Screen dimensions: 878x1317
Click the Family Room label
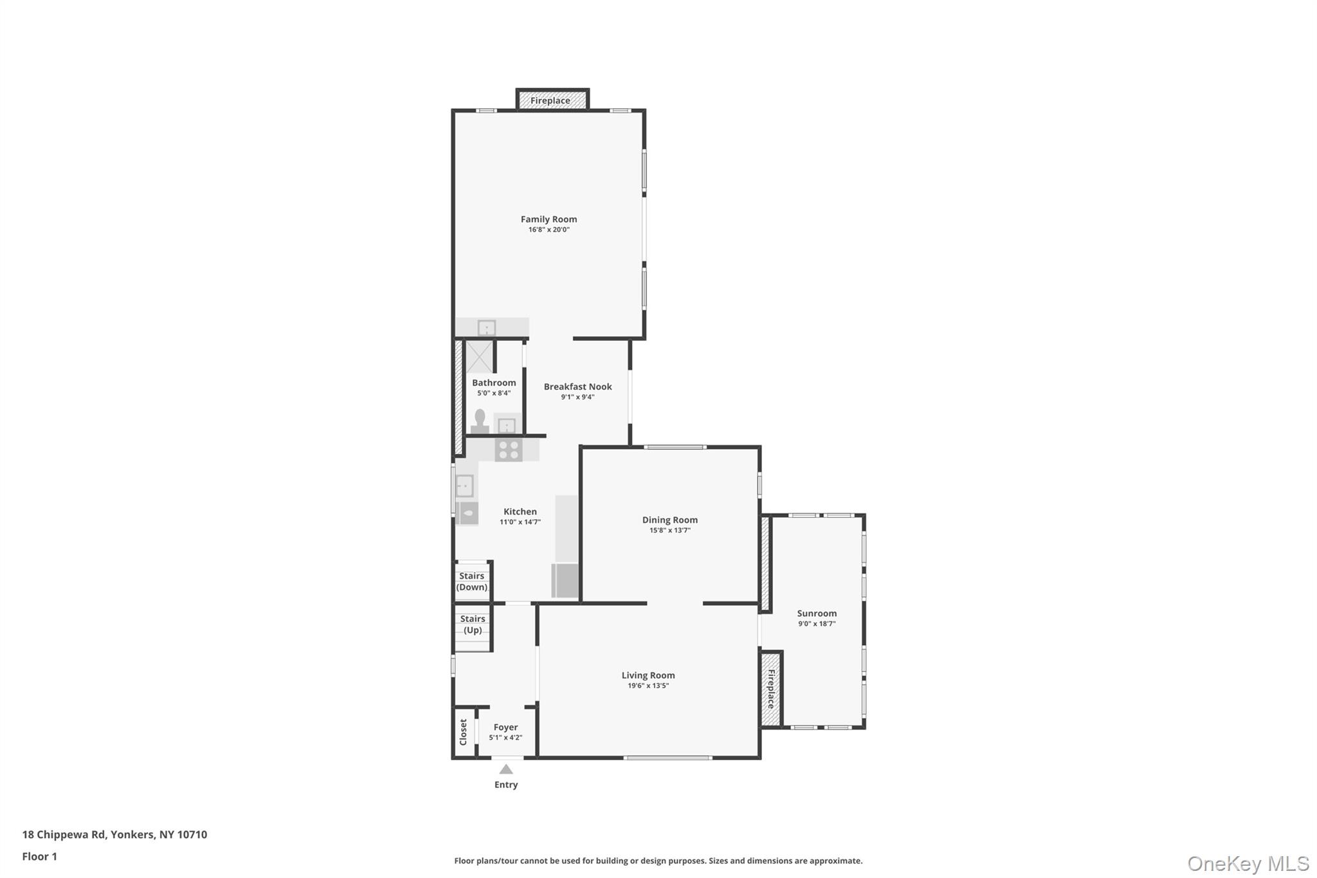click(x=549, y=219)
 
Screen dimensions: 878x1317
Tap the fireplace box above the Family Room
click(x=552, y=100)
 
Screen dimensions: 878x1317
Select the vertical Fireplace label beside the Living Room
click(x=770, y=689)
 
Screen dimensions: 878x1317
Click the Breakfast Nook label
click(x=577, y=387)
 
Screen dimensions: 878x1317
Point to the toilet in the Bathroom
click(x=479, y=421)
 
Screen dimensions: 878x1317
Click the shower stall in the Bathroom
click(x=479, y=357)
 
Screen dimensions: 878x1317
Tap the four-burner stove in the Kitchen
click(x=509, y=450)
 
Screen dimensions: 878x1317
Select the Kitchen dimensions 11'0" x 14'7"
click(x=520, y=522)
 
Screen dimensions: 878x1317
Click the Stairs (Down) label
click(x=471, y=581)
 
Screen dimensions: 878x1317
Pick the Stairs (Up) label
click(x=473, y=625)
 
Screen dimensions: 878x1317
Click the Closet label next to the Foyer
click(x=463, y=733)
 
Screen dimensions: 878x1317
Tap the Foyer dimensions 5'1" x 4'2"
click(x=505, y=738)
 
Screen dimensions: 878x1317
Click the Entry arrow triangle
click(x=506, y=769)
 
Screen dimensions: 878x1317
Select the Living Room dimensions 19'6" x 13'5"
click(x=648, y=686)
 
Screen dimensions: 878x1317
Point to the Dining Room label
click(x=669, y=520)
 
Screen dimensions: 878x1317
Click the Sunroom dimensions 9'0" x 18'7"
click(x=817, y=624)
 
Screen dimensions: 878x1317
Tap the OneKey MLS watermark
click(x=1248, y=863)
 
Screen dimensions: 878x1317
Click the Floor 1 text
click(x=40, y=856)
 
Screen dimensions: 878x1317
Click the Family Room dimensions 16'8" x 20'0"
click(x=549, y=230)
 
